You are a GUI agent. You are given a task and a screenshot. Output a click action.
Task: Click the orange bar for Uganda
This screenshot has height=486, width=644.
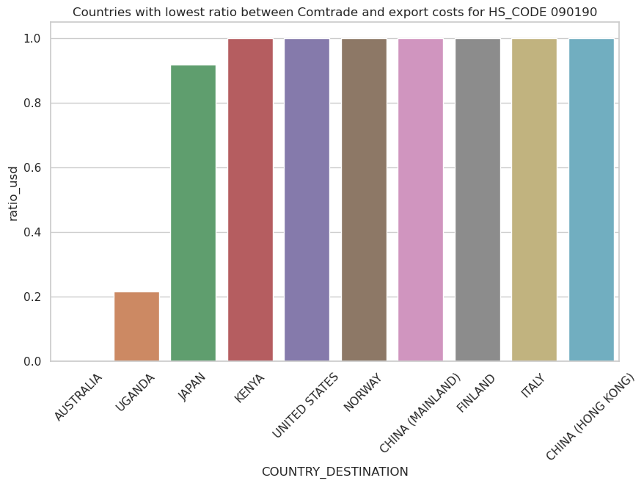[x=136, y=327]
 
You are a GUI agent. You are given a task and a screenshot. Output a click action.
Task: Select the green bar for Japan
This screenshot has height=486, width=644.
[x=193, y=213]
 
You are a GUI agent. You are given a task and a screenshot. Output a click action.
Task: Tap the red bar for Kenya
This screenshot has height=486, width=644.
[x=250, y=200]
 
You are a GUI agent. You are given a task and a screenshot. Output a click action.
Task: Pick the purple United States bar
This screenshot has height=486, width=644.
[x=307, y=200]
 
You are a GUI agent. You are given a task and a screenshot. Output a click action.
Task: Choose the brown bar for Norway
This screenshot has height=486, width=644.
[x=364, y=200]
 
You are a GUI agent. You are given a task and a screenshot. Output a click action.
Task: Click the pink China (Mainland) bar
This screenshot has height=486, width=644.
[x=420, y=200]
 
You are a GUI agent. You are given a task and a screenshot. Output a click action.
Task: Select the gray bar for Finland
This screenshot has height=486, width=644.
[x=477, y=200]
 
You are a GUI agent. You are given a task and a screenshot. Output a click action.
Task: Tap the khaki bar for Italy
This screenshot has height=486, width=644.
[x=534, y=200]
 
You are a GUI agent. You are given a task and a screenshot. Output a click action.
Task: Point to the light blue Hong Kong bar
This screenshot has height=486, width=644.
[x=591, y=200]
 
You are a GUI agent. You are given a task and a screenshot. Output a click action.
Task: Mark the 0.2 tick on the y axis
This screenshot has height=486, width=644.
[x=34, y=297]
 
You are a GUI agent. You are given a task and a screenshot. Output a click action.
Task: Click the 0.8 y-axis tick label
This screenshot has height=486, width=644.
[x=34, y=104]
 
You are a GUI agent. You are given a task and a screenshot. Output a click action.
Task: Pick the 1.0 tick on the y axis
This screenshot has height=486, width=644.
[x=34, y=39]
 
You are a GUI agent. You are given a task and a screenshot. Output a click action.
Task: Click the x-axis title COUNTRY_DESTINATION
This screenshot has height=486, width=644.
[x=334, y=472]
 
